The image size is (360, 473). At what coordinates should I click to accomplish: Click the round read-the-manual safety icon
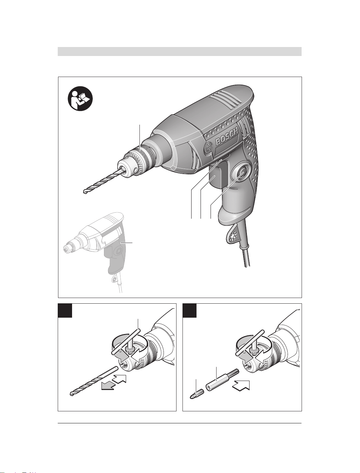(80, 98)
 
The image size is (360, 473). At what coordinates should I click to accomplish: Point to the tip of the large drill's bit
(84, 192)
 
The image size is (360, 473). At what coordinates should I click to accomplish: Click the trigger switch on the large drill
(216, 176)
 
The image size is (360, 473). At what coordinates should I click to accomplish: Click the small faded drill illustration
(95, 252)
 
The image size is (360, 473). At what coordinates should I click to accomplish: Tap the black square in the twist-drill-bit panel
(65, 311)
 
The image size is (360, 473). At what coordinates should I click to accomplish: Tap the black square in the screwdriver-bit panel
(190, 311)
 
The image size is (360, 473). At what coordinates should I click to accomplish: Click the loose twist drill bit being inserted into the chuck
(94, 381)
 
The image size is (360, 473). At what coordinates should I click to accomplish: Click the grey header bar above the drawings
(179, 52)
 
